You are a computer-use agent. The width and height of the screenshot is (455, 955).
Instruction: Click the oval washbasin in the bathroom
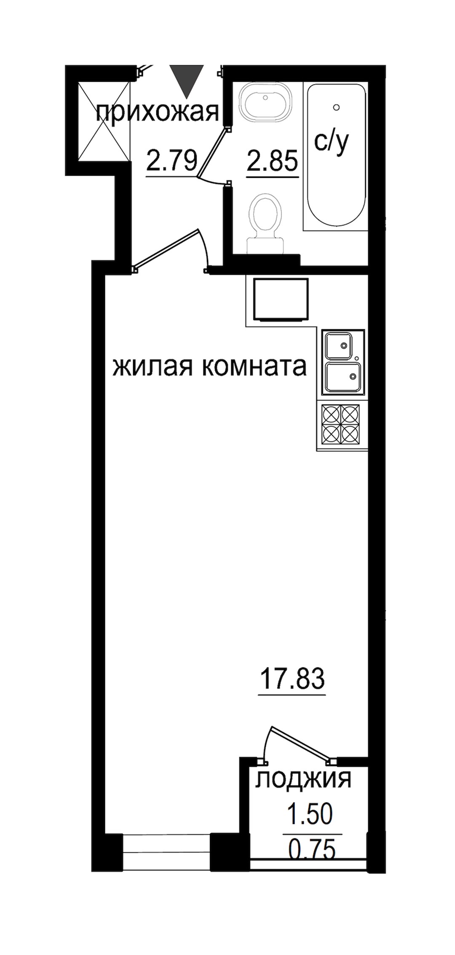coord(265,103)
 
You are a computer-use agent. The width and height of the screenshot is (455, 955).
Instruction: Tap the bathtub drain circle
coord(336,107)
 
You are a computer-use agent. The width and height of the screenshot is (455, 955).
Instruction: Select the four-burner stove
coord(341,423)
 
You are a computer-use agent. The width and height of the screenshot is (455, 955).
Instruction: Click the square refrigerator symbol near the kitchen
coord(281,299)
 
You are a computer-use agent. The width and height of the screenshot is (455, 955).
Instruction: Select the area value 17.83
coord(292,678)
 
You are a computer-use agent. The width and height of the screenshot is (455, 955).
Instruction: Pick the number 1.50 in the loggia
coord(310,813)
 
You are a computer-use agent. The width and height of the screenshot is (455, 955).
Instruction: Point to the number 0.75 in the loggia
coord(312,847)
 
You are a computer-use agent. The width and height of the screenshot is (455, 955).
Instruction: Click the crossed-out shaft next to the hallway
coord(103,120)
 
